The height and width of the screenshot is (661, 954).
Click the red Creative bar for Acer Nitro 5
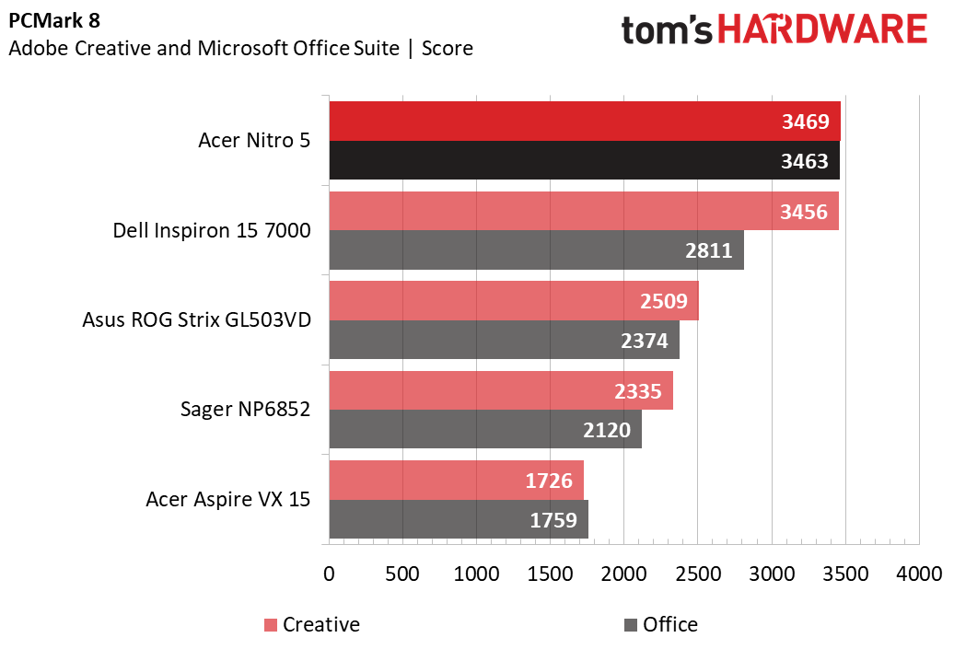[x=553, y=122]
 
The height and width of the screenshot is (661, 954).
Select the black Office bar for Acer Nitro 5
[x=553, y=161]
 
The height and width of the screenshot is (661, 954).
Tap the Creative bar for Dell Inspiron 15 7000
[x=553, y=211]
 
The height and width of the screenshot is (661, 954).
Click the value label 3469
[x=805, y=122]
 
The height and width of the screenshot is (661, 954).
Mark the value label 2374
[x=645, y=341]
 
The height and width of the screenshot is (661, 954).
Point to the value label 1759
[x=553, y=520]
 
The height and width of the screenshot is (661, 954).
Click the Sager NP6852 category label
[x=245, y=410]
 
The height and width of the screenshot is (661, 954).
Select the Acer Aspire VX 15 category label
[x=227, y=500]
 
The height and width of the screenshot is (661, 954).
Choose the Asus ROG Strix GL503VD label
[x=196, y=320]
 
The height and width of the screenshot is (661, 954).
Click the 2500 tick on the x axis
[x=698, y=573]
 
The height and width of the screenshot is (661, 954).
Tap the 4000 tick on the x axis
[x=919, y=573]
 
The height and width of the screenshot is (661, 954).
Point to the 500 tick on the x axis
[x=402, y=573]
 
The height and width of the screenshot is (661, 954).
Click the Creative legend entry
[x=312, y=625]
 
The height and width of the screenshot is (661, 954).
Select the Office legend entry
[x=660, y=625]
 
